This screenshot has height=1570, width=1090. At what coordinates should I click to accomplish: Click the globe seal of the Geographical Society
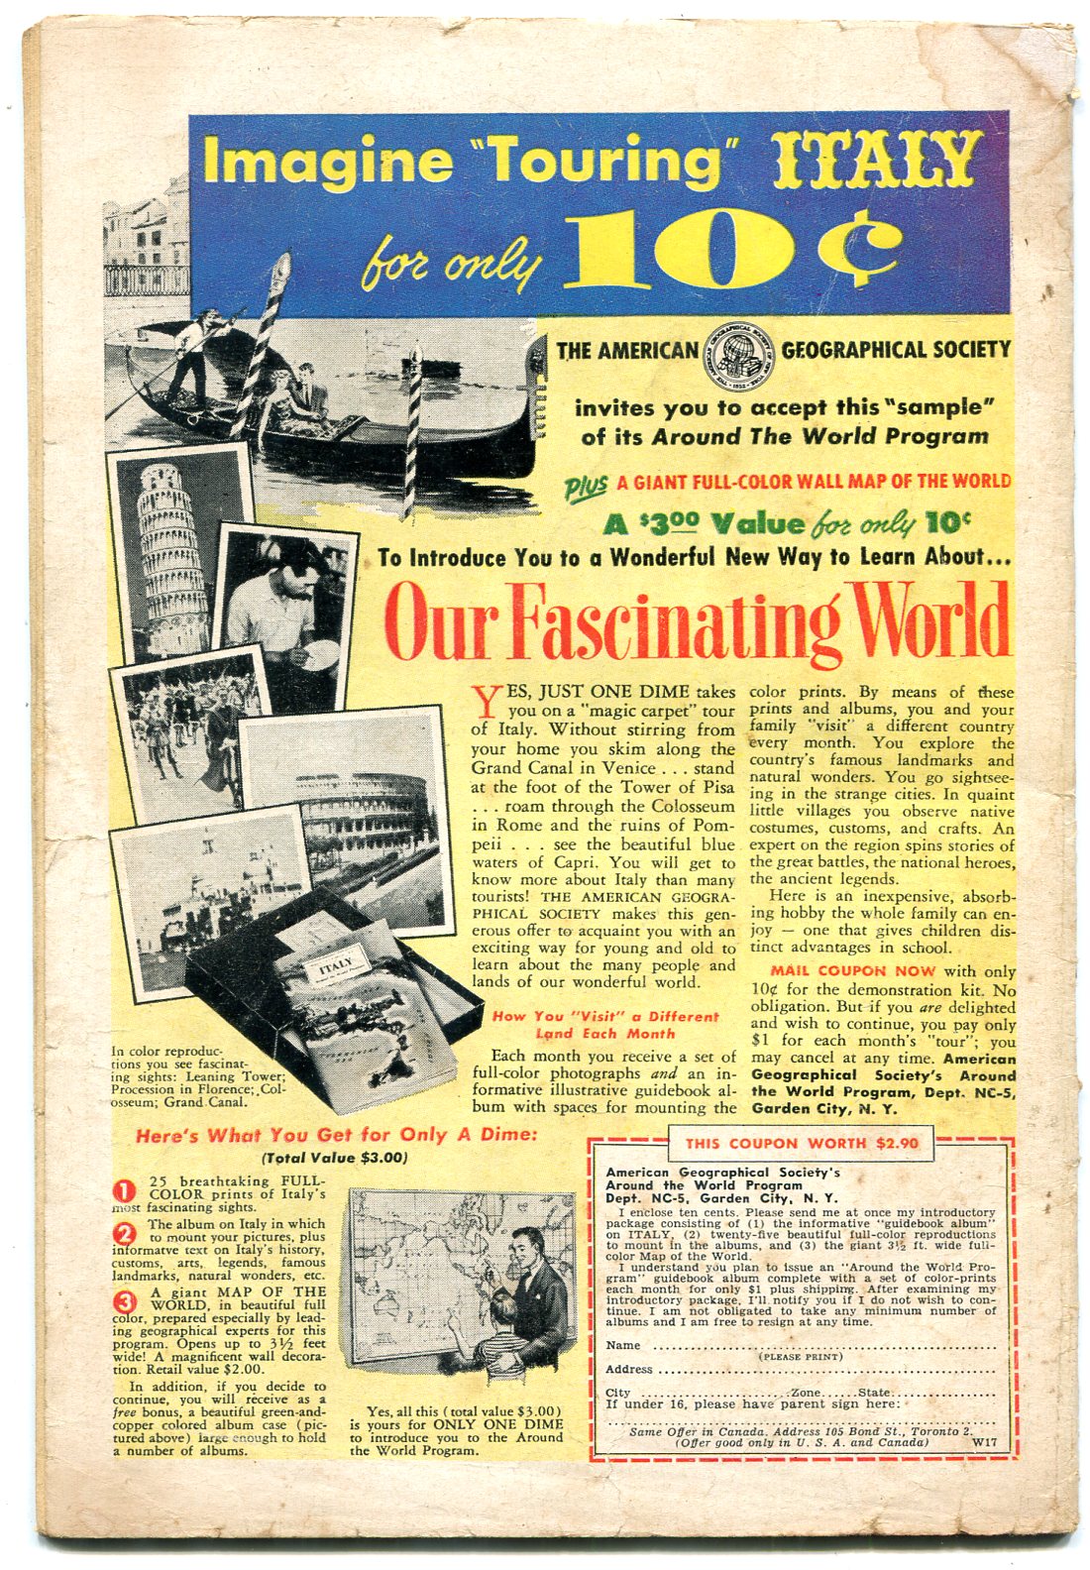(739, 352)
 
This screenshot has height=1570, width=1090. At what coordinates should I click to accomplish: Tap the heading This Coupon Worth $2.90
(802, 1143)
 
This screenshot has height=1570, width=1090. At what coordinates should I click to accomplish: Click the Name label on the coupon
(623, 1345)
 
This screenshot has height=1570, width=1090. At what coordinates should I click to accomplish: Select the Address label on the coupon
(629, 1369)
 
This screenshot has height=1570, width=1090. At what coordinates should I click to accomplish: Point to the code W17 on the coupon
(983, 1443)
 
